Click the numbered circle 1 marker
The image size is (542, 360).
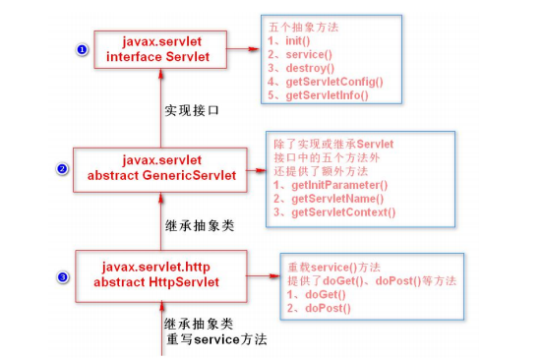point(82,48)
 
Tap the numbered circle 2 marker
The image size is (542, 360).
point(62,168)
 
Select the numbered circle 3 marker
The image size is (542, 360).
point(63,277)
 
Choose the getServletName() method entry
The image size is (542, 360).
point(330,199)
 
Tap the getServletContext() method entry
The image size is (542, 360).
point(335,212)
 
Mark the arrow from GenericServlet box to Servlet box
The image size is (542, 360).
point(157,108)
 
